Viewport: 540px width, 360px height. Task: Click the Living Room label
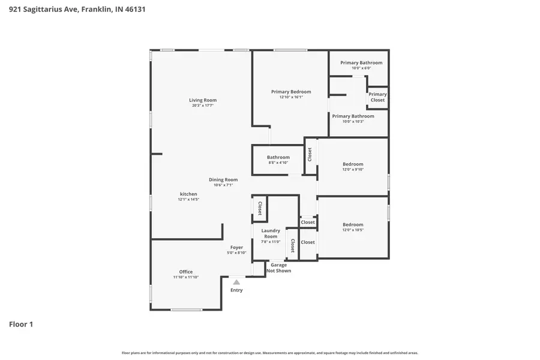point(203,100)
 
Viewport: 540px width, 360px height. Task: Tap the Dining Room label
point(223,179)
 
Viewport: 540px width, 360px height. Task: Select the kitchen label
point(188,194)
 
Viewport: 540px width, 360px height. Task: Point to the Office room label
point(186,272)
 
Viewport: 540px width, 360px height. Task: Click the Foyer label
point(236,247)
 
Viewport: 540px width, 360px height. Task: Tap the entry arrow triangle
point(236,282)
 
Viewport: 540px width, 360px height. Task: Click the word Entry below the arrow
point(236,290)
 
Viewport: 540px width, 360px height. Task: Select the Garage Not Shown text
point(278,268)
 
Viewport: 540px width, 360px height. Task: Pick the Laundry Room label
point(271,233)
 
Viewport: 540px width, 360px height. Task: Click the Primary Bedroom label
point(291,92)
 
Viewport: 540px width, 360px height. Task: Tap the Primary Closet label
point(377,97)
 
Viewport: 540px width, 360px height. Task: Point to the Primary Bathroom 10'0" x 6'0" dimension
point(361,68)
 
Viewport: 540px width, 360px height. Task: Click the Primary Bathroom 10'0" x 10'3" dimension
point(353,121)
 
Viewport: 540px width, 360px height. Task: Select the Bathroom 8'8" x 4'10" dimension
point(278,163)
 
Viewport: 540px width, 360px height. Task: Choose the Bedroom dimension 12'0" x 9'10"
point(353,169)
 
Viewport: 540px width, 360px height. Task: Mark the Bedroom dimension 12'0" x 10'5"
point(353,230)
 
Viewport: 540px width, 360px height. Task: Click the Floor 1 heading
point(21,325)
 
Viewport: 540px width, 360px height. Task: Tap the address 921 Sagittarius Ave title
point(77,10)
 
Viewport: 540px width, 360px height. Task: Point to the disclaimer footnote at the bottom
point(270,353)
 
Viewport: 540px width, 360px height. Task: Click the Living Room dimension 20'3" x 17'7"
point(203,106)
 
